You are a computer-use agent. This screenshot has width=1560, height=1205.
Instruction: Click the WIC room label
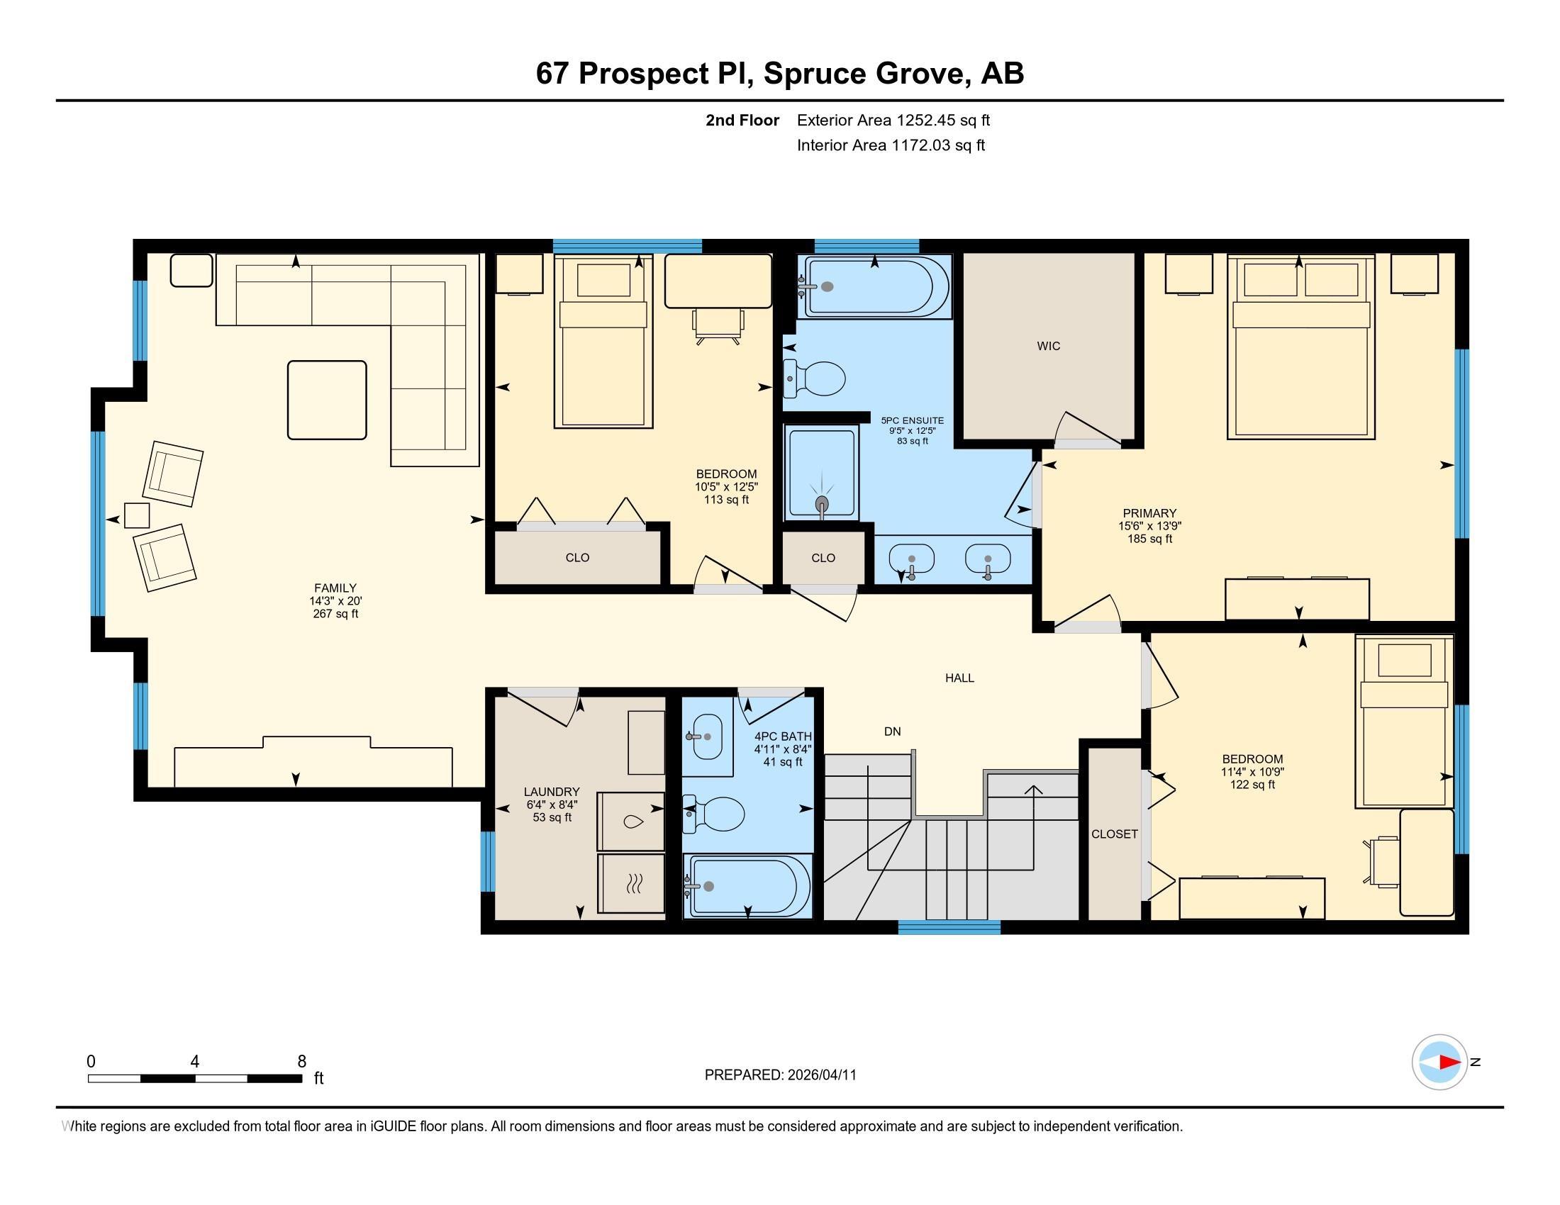point(1049,346)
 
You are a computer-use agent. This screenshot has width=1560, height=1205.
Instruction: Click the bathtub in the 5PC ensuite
point(877,286)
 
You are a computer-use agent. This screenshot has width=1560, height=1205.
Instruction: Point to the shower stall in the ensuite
point(821,473)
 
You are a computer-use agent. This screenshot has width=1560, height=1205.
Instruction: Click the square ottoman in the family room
point(327,400)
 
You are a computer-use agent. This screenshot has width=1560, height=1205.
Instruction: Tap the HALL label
point(959,678)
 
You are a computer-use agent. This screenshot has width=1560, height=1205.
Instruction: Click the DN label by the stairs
point(892,731)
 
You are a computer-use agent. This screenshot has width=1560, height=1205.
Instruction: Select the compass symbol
point(1439,1062)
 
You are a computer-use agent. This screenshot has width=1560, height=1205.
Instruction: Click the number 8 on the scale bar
point(302,1061)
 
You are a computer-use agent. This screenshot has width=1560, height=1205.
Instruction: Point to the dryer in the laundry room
point(631,883)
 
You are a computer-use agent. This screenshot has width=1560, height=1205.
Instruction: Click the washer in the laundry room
point(631,821)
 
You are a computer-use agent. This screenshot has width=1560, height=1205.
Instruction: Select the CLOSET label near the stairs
point(1114,834)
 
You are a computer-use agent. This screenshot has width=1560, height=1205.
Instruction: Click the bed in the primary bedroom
point(1300,347)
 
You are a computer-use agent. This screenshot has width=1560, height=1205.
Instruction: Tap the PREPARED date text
point(780,1075)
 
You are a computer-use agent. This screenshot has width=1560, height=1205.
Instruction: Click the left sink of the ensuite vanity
point(911,559)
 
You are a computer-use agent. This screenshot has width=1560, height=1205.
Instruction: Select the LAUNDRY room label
point(552,792)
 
